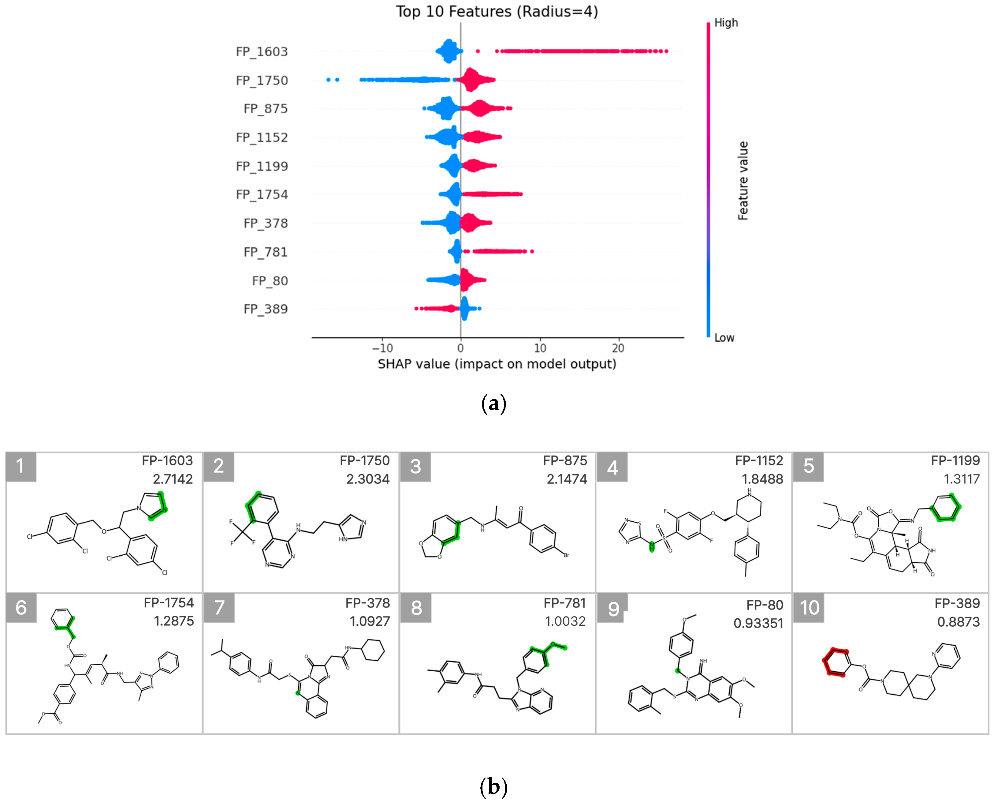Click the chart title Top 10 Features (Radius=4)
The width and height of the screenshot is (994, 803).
pyautogui.click(x=497, y=12)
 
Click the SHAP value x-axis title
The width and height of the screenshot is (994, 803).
pyautogui.click(x=497, y=364)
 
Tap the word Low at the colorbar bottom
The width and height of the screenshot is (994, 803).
pyautogui.click(x=724, y=338)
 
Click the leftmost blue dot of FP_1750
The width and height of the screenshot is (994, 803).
pyautogui.click(x=328, y=80)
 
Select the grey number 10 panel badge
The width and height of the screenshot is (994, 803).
pyautogui.click(x=809, y=607)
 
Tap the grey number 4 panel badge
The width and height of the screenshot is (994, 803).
pyautogui.click(x=612, y=467)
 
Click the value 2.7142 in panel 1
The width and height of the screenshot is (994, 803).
pyautogui.click(x=173, y=479)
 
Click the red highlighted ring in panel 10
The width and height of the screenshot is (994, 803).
pyautogui.click(x=836, y=662)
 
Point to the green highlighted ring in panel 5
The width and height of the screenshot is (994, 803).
pyautogui.click(x=945, y=508)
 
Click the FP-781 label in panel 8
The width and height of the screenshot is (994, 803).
pyautogui.click(x=564, y=603)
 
